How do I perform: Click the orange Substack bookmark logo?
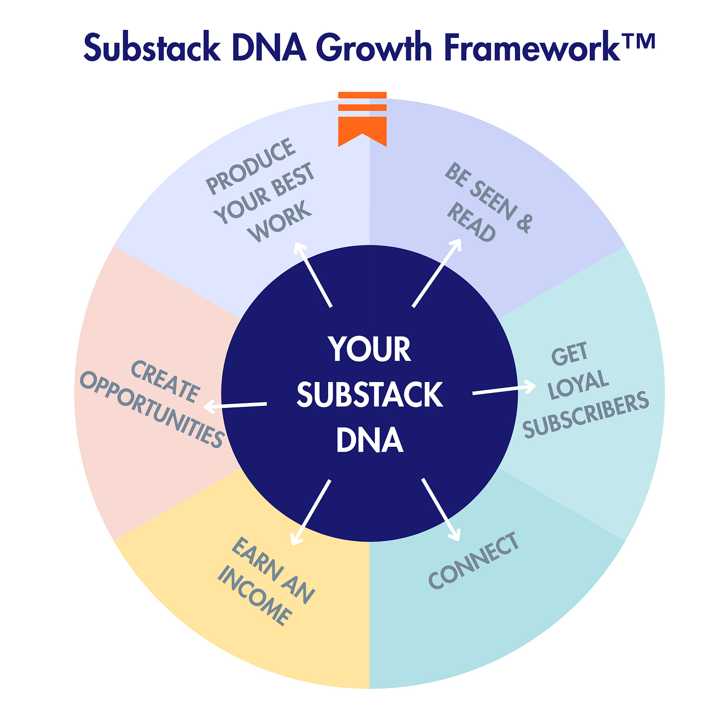tap(363, 119)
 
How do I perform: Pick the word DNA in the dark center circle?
tap(369, 441)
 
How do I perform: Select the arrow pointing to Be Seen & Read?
tap(437, 273)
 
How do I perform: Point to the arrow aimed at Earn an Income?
tap(311, 512)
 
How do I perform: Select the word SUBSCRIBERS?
tap(585, 415)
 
